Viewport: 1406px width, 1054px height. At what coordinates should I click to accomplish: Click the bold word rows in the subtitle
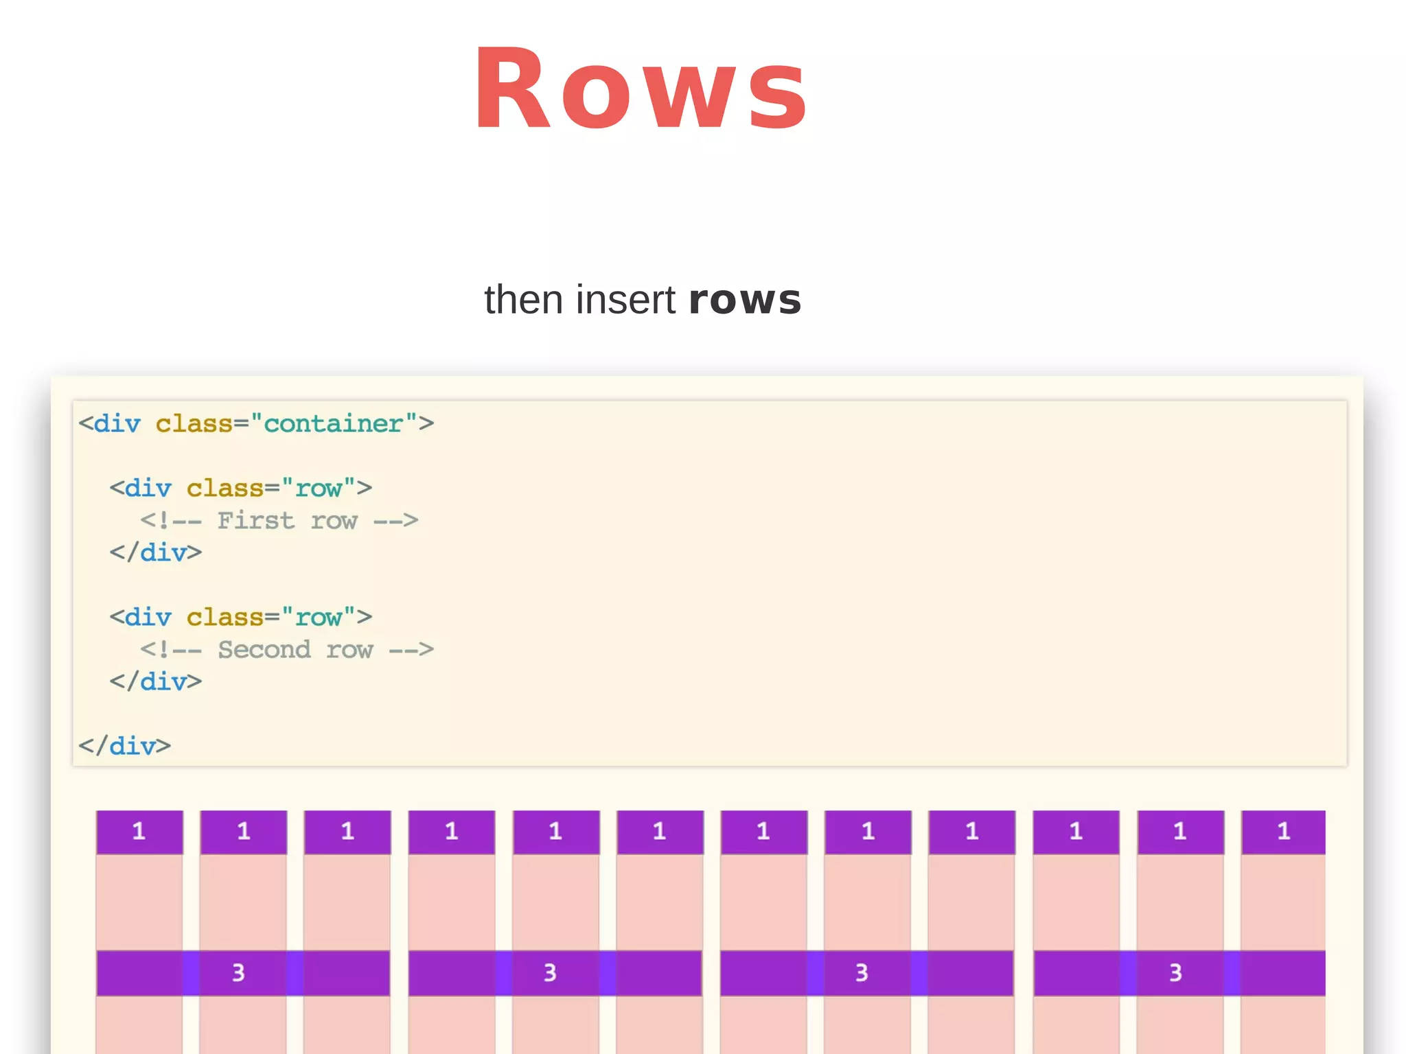click(745, 300)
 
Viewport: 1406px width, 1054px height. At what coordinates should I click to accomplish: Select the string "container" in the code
click(334, 424)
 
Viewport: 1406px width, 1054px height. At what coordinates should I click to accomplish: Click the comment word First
click(255, 521)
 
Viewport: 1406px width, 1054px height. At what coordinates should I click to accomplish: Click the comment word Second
click(264, 650)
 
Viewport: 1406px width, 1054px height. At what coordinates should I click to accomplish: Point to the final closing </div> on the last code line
click(124, 746)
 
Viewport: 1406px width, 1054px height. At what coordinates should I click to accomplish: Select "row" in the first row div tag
click(319, 489)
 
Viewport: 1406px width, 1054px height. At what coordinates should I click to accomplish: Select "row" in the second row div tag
click(319, 618)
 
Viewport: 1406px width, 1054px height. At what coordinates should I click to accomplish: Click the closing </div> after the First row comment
click(156, 553)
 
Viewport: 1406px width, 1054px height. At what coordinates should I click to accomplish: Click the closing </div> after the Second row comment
click(156, 682)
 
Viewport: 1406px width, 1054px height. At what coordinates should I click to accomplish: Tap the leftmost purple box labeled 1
click(139, 832)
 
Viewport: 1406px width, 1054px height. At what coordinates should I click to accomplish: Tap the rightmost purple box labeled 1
click(1283, 832)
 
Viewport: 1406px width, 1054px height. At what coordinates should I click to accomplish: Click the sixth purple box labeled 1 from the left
click(660, 832)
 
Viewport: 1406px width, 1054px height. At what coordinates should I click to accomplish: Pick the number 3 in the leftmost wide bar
click(238, 973)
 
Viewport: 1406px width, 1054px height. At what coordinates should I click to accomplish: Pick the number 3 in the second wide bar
click(550, 973)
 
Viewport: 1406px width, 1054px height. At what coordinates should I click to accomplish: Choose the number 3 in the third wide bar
click(862, 973)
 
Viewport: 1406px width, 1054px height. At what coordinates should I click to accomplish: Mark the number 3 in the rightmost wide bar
click(1175, 973)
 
